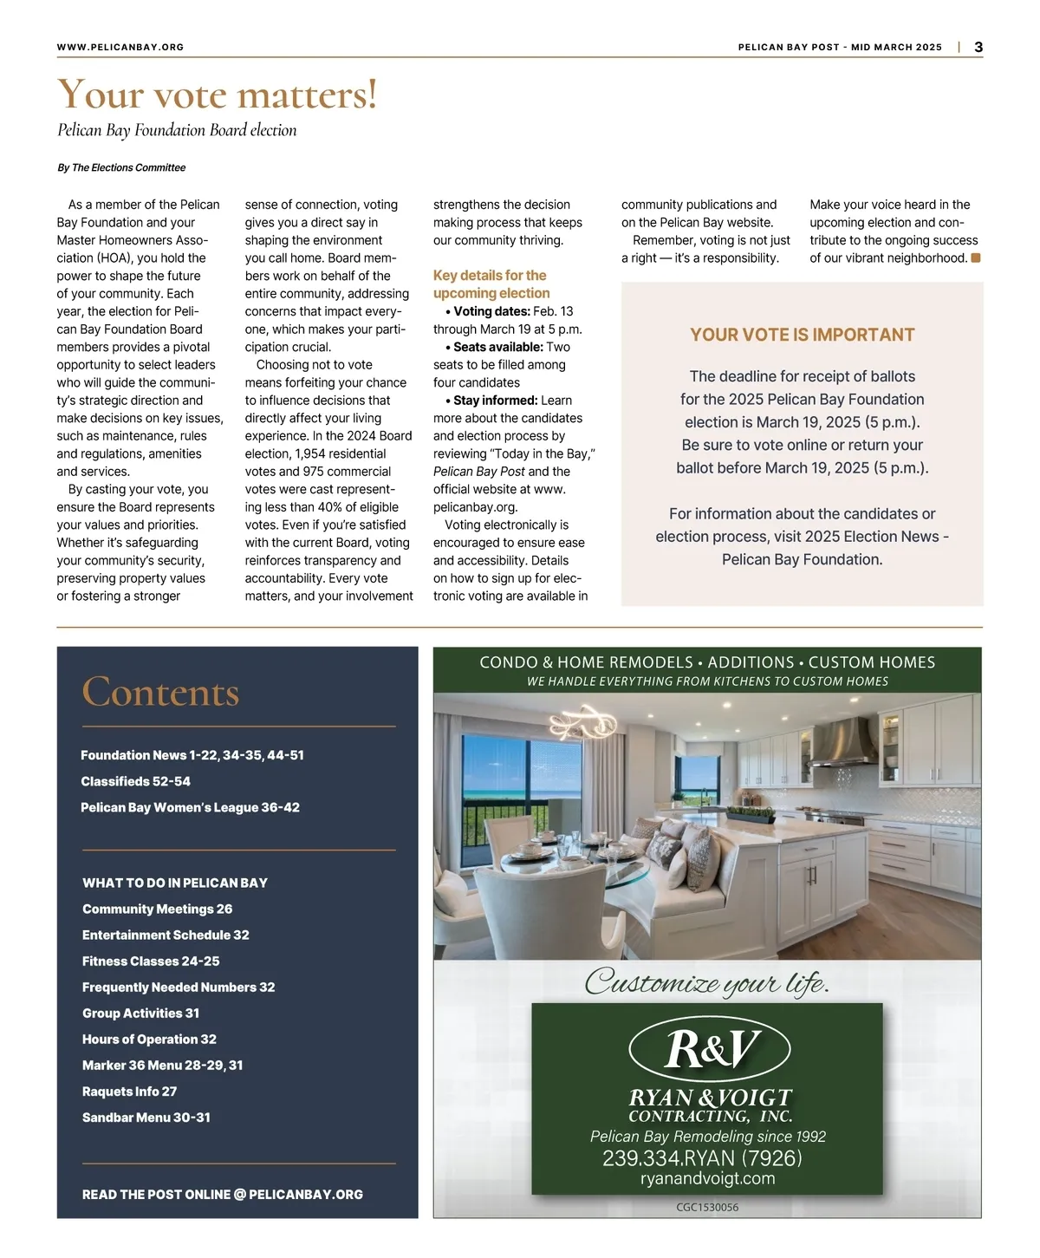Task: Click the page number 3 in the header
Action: [978, 48]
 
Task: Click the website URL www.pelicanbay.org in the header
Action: [120, 48]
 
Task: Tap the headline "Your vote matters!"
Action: [218, 95]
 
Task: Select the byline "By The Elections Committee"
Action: [121, 167]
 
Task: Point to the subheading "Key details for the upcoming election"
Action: [491, 284]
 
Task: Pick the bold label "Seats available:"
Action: [497, 347]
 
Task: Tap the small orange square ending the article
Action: [976, 257]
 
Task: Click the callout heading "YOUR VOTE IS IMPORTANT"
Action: [802, 335]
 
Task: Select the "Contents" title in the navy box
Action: [160, 692]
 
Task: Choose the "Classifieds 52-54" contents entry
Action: [135, 781]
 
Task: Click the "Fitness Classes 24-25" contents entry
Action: [151, 961]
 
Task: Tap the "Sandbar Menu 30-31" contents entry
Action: [146, 1118]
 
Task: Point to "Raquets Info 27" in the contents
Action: [129, 1092]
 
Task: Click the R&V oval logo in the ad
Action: [709, 1049]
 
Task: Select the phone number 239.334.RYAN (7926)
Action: [702, 1158]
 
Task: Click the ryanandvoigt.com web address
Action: [707, 1178]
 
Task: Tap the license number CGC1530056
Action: [707, 1207]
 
